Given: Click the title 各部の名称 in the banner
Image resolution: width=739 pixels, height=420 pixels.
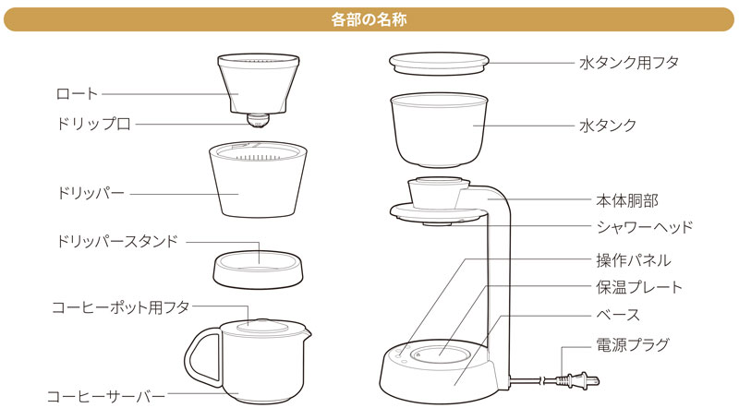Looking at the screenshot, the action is pyautogui.click(x=369, y=19).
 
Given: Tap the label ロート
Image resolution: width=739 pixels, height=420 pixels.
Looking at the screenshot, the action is pyautogui.click(x=77, y=94).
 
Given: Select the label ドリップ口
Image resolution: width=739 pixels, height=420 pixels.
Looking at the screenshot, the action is pyautogui.click(x=93, y=124).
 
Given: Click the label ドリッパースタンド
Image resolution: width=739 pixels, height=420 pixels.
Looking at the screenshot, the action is pyautogui.click(x=117, y=241).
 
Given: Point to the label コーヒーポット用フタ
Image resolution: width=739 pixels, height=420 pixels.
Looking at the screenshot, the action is pyautogui.click(x=121, y=307).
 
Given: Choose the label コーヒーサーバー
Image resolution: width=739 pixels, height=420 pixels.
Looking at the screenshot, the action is pyautogui.click(x=106, y=396).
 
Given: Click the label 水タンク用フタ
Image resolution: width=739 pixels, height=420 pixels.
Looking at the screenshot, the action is pyautogui.click(x=629, y=63).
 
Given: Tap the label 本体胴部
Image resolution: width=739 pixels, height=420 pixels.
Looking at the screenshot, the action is pyautogui.click(x=627, y=200).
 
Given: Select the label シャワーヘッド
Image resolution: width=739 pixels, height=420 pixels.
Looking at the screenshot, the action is pyautogui.click(x=645, y=227).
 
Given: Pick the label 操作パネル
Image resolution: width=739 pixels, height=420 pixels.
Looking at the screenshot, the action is pyautogui.click(x=634, y=260).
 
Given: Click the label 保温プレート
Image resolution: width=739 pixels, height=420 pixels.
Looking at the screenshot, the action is pyautogui.click(x=639, y=287).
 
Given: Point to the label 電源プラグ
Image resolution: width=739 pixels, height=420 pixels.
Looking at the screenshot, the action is pyautogui.click(x=633, y=344).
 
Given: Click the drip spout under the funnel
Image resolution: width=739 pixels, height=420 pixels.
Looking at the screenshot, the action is pyautogui.click(x=259, y=120).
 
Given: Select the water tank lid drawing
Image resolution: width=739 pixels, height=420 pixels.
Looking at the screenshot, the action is pyautogui.click(x=439, y=64).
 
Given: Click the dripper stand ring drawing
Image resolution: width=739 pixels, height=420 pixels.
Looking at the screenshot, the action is pyautogui.click(x=258, y=269).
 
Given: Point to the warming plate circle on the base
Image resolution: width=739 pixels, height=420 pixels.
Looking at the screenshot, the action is pyautogui.click(x=440, y=354).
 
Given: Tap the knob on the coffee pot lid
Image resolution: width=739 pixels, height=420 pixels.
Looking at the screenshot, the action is pyautogui.click(x=262, y=323).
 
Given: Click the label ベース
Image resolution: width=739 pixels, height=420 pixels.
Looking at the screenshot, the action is pyautogui.click(x=618, y=315).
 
